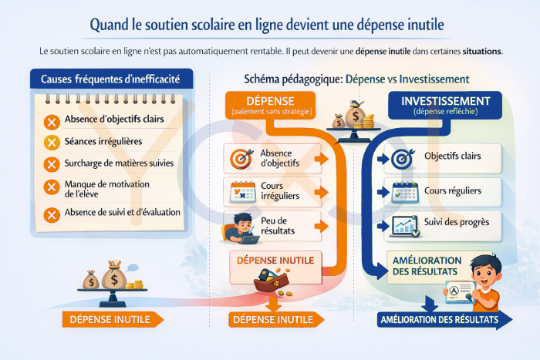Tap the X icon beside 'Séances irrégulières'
coord(52,142)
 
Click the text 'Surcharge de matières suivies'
coord(118,163)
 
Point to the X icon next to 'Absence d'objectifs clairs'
coord(52,121)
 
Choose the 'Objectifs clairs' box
coord(444,157)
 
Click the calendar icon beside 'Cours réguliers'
coord(404,191)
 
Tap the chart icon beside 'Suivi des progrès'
coord(404,224)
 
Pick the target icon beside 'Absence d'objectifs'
coord(238,158)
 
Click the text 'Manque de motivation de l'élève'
coord(108,190)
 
